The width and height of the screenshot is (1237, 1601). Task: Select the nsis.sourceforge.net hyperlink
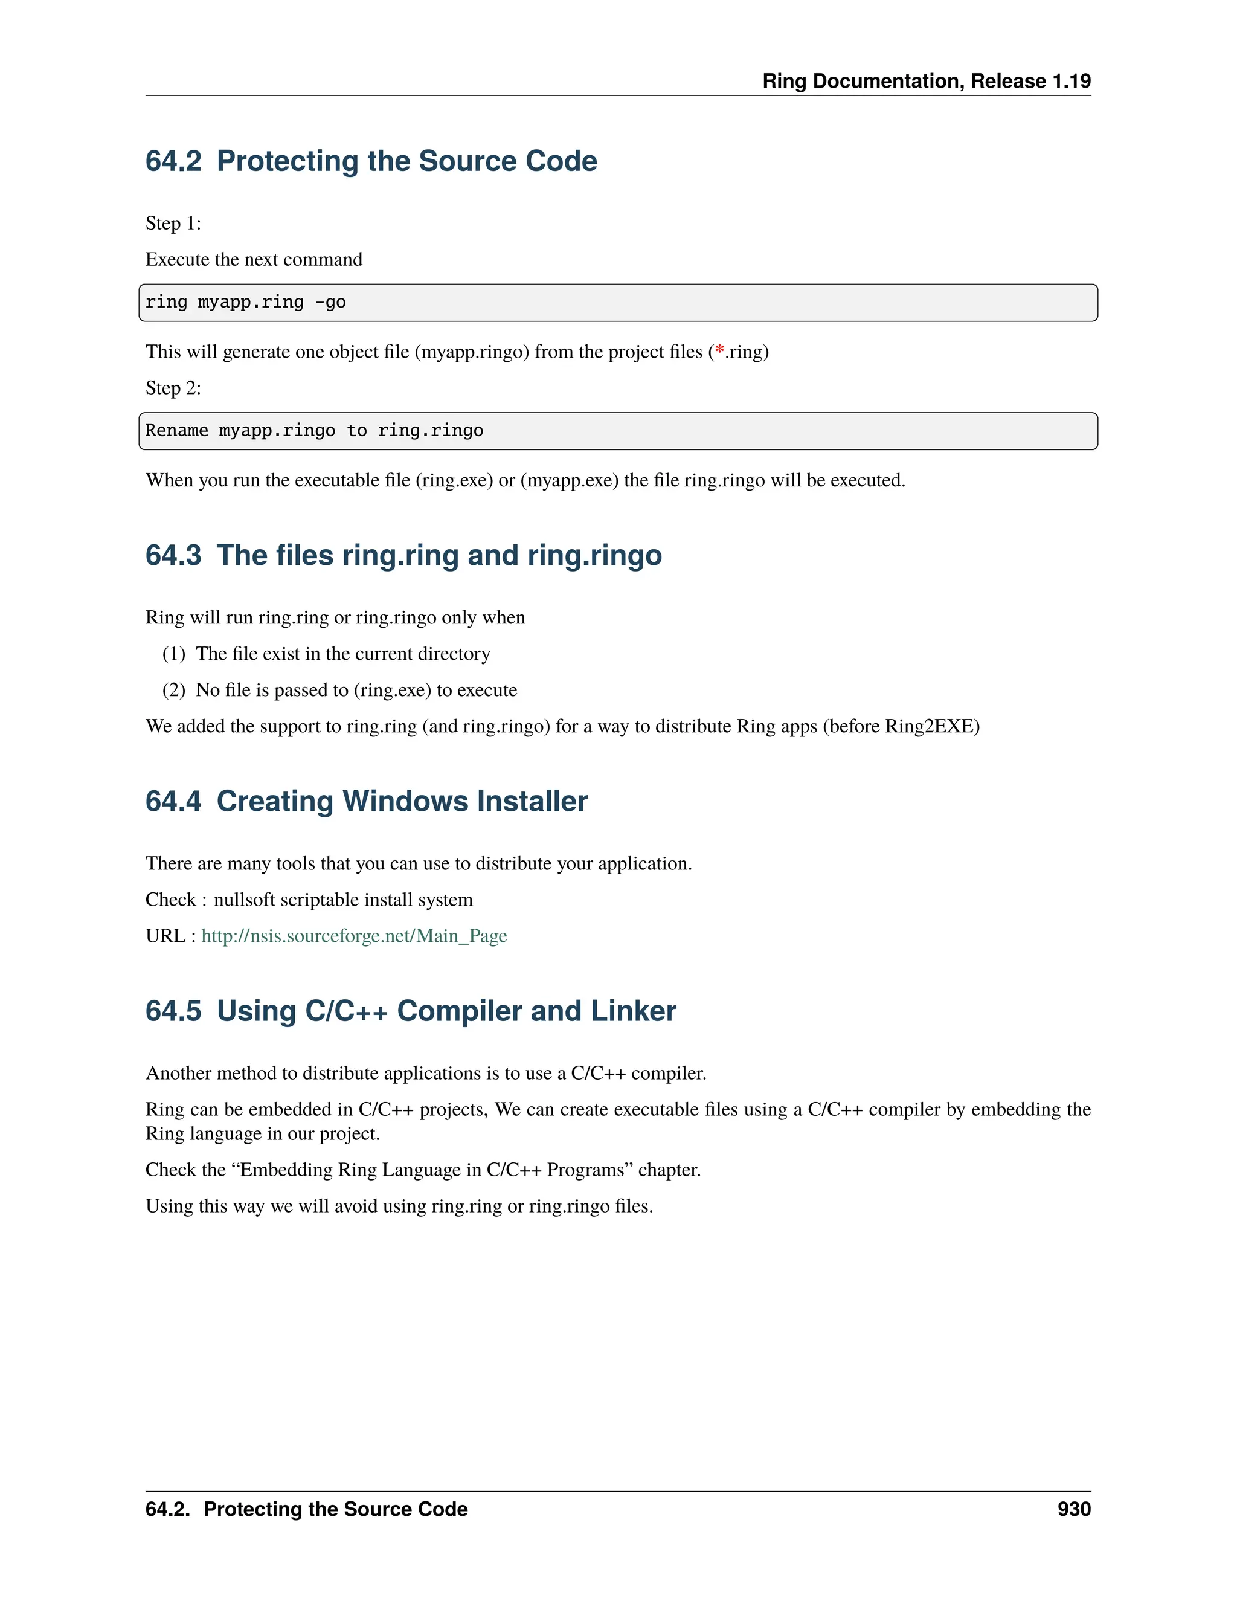click(x=354, y=936)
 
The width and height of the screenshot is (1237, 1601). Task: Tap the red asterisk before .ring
click(x=719, y=350)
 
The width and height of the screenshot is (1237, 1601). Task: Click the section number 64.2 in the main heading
click(x=173, y=161)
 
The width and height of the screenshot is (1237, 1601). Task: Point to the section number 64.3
click(x=173, y=555)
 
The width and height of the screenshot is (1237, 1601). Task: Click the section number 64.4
click(x=173, y=801)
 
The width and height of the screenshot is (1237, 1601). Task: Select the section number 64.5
click(x=173, y=1011)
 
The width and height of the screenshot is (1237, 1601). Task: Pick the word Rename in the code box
click(x=176, y=430)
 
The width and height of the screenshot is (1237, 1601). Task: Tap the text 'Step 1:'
click(x=173, y=223)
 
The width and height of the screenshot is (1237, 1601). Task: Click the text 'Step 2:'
click(x=173, y=388)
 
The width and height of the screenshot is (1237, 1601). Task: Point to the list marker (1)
click(x=174, y=653)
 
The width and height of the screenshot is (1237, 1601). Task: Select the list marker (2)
click(x=174, y=690)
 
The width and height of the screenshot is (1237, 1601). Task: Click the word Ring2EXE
click(x=931, y=726)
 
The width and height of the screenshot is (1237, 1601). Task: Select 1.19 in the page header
click(x=1072, y=80)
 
